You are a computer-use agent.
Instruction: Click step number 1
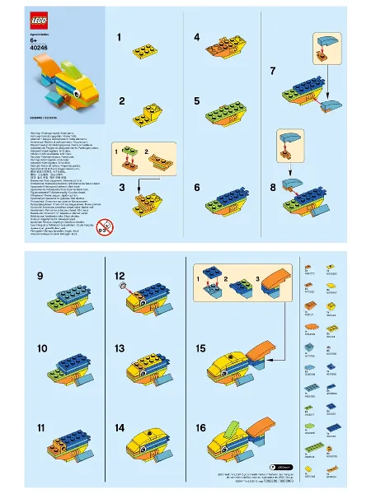120,38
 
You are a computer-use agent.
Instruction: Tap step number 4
197,38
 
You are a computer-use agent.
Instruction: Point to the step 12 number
120,275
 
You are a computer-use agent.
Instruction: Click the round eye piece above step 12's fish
124,286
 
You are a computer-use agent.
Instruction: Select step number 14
120,428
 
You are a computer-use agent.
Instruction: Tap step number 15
200,348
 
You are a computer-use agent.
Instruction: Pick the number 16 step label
200,428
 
